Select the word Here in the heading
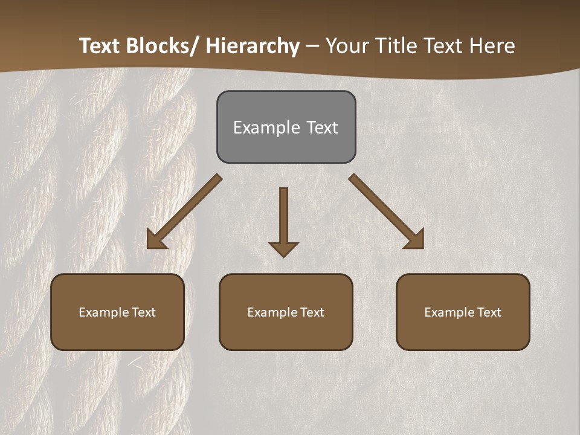tap(493, 47)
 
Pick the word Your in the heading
tap(347, 47)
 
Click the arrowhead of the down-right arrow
tap(416, 240)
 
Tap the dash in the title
tap(312, 47)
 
